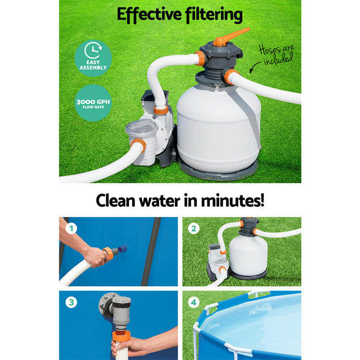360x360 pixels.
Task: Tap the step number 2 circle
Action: point(193,228)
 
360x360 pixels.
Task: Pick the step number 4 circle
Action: point(193,303)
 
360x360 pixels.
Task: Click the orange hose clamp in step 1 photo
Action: point(108,253)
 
